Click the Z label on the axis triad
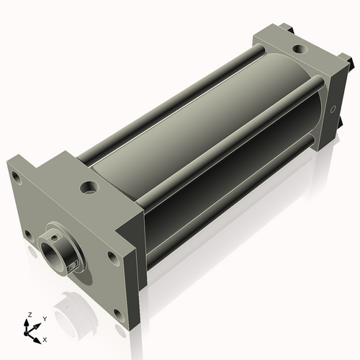[x=30, y=315]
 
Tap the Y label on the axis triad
[x=44, y=318]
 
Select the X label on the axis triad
[x=45, y=338]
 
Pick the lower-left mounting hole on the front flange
[x=27, y=235]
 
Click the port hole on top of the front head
[x=89, y=188]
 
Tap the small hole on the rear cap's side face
[x=333, y=110]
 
